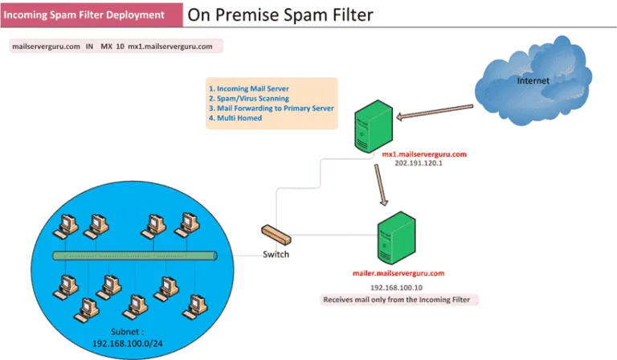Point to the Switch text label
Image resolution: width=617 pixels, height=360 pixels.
276,255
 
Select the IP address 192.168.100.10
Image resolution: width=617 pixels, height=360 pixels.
396,287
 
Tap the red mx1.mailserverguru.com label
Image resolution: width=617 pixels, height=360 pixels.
423,153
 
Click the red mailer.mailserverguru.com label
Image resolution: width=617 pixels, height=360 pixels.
398,273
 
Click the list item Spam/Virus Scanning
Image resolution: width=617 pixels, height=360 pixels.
249,98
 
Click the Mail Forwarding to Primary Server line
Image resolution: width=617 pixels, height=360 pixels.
271,108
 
